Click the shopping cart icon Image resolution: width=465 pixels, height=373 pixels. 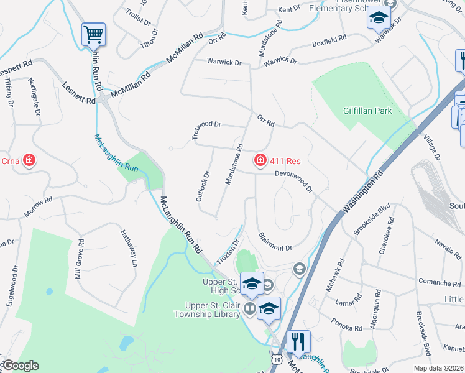(93, 34)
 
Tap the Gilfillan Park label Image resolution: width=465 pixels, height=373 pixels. (367, 111)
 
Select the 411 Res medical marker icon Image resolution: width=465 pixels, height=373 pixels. (260, 161)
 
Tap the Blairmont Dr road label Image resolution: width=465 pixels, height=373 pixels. (274, 242)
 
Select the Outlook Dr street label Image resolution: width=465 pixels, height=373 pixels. (204, 186)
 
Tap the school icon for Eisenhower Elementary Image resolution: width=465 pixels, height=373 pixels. (378, 19)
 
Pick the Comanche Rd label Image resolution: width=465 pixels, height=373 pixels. (439, 283)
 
